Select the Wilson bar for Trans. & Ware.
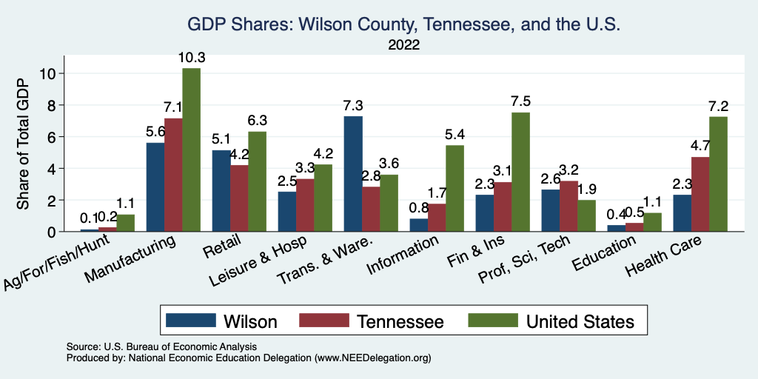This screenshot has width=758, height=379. pyautogui.click(x=352, y=174)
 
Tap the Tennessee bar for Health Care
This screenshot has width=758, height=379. pyautogui.click(x=700, y=194)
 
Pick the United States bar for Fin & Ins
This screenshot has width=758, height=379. pyautogui.click(x=520, y=172)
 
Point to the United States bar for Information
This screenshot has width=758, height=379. pyautogui.click(x=455, y=188)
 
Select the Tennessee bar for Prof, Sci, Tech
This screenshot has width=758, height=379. pyautogui.click(x=568, y=206)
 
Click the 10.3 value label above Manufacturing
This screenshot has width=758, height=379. pyautogui.click(x=191, y=58)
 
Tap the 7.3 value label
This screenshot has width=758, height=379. pyautogui.click(x=352, y=106)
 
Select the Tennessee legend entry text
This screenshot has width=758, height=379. pyautogui.click(x=400, y=321)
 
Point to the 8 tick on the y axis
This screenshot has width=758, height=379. pyautogui.click(x=50, y=105)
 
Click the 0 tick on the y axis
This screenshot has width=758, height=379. pyautogui.click(x=50, y=232)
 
